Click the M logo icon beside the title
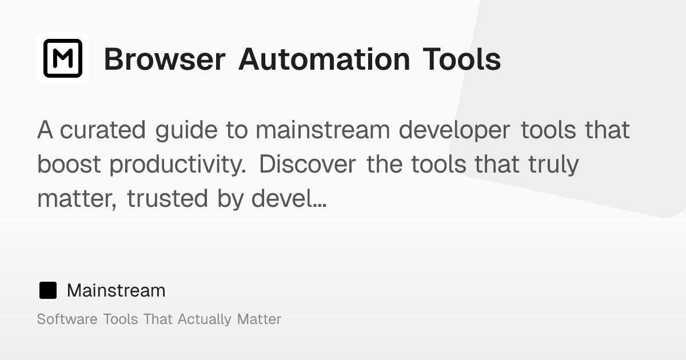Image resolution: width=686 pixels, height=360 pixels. pos(63,58)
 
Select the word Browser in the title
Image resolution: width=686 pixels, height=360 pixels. pos(164,59)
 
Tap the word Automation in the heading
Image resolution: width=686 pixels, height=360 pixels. pos(324,59)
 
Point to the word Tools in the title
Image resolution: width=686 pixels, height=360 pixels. pos(462,59)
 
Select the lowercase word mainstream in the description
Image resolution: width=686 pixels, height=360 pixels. pos(322,130)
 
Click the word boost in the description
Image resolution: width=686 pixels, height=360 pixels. pos(70,165)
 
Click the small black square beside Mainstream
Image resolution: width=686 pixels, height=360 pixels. pos(48,290)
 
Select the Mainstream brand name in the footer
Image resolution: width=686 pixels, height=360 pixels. pos(116,290)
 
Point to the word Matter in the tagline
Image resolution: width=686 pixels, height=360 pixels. pos(259,319)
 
